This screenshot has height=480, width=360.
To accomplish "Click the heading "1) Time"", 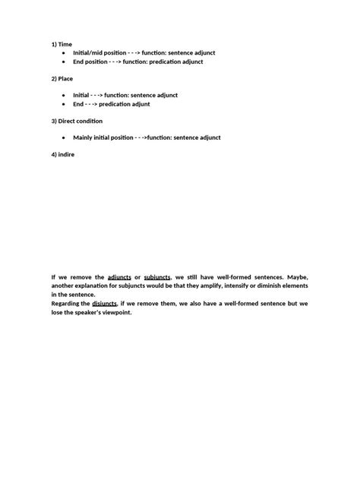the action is pos(62,44).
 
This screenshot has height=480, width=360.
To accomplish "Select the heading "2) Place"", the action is pos(63,78).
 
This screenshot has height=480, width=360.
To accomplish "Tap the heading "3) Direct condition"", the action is pos(77,121).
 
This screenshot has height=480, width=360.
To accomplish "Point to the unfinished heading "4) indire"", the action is pos(62,155).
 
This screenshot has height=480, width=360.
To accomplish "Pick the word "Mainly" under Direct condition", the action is pos(84,137).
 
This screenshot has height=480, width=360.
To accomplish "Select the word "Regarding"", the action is pos(67,303).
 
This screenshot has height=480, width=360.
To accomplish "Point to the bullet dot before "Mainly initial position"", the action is pos(62,137).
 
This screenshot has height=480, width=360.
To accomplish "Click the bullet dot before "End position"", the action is pos(62,61).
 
